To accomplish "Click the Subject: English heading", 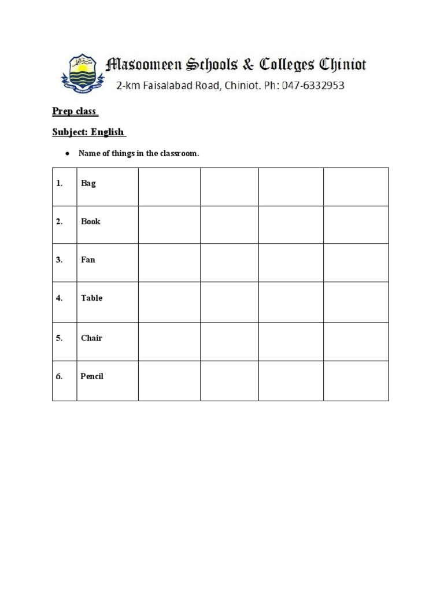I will pyautogui.click(x=88, y=132).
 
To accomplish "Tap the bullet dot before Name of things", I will pyautogui.click(x=68, y=154).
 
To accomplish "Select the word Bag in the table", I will pyautogui.click(x=88, y=183).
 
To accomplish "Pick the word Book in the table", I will pyautogui.click(x=91, y=221).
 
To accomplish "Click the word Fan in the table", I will pyautogui.click(x=88, y=260).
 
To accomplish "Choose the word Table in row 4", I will pyautogui.click(x=91, y=298).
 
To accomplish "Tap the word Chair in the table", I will pyautogui.click(x=91, y=338).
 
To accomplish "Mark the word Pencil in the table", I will pyautogui.click(x=92, y=376).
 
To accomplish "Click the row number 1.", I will pyautogui.click(x=59, y=183).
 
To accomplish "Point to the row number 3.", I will pyautogui.click(x=59, y=260).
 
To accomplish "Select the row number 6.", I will pyautogui.click(x=59, y=376).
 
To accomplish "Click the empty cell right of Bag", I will pyautogui.click(x=169, y=187).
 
